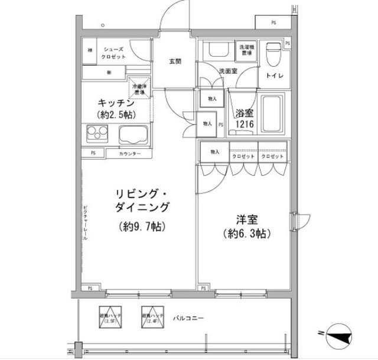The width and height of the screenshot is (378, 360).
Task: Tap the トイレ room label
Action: (x=275, y=76)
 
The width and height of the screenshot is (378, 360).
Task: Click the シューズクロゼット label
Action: (x=113, y=53)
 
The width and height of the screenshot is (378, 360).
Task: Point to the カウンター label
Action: (x=130, y=154)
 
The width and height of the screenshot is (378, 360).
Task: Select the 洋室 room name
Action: (x=245, y=217)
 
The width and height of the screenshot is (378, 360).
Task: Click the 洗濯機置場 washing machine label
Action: (x=245, y=50)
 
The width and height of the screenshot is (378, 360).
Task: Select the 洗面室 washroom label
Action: (x=227, y=71)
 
